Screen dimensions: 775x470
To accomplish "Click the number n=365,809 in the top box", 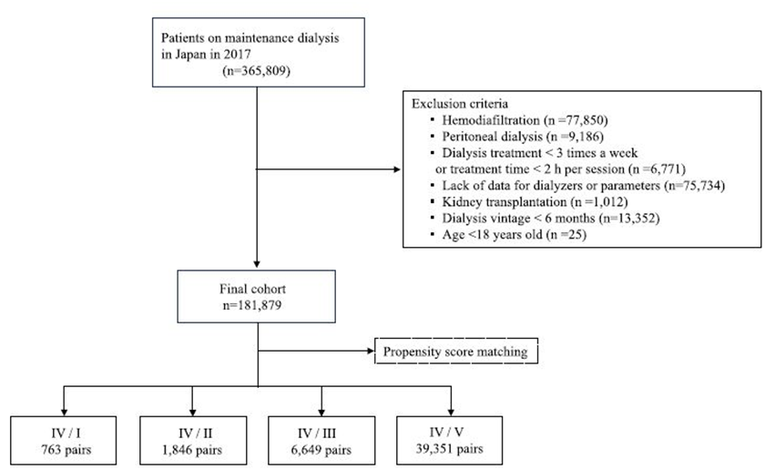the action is coord(257,71).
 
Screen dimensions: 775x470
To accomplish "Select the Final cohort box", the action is coord(257,297).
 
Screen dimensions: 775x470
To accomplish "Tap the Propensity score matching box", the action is coord(456,351).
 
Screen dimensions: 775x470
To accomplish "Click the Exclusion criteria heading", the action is coord(460,104).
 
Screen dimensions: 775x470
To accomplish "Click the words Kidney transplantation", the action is coord(505,201).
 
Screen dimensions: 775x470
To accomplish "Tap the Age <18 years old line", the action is coord(514,234).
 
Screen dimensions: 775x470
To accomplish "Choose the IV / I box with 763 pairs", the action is coord(64,440).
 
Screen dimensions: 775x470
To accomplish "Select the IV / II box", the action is coord(193,440).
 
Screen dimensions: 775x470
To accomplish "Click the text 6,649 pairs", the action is coord(321,450).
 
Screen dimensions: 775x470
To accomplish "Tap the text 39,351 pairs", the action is coord(449,449).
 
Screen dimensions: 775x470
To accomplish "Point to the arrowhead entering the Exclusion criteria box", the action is coord(397,169).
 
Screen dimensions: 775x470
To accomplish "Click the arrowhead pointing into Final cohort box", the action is coord(257,264).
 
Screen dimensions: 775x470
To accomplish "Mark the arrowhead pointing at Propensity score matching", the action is coord(371,351).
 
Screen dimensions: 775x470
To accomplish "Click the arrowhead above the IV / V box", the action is coord(451,413).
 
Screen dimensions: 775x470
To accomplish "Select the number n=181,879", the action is coord(252,305).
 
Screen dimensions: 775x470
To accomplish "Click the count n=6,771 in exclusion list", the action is coord(658,169).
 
